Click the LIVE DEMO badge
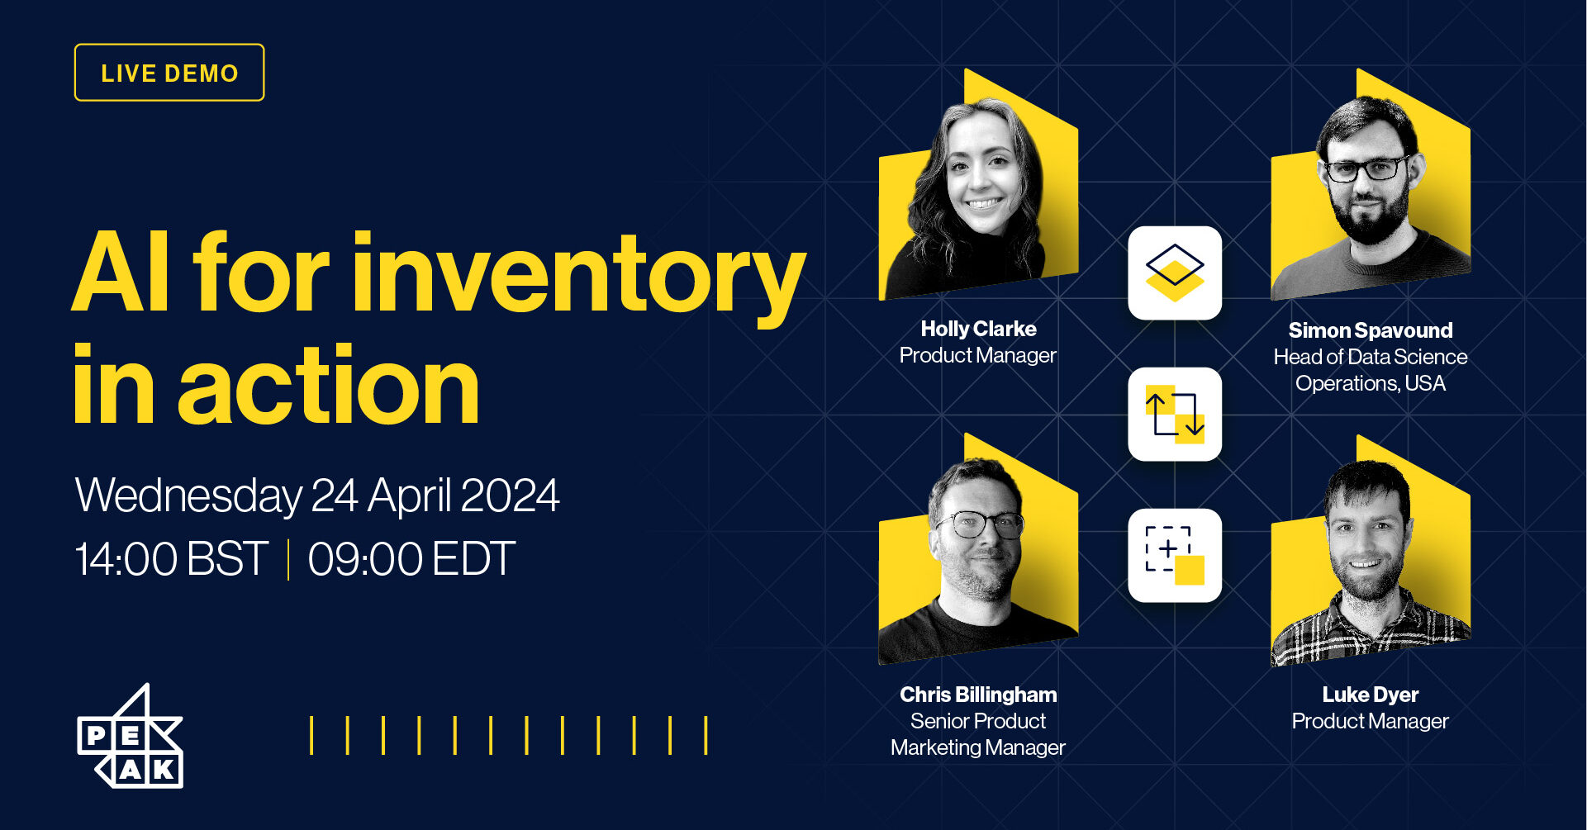pyautogui.click(x=169, y=73)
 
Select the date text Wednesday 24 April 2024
pyautogui.click(x=317, y=496)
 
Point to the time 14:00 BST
pyautogui.click(x=171, y=559)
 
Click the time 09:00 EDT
pyautogui.click(x=411, y=559)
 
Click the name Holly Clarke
pyautogui.click(x=978, y=329)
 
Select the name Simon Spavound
pyautogui.click(x=1370, y=330)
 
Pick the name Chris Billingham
pyautogui.click(x=978, y=695)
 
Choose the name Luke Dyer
pyautogui.click(x=1370, y=695)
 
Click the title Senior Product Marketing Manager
pyautogui.click(x=978, y=734)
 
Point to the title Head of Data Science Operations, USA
pyautogui.click(x=1370, y=370)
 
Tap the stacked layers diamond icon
pyautogui.click(x=1175, y=273)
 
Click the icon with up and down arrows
pyautogui.click(x=1175, y=414)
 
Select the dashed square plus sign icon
pyautogui.click(x=1175, y=555)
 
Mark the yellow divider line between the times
pyautogui.click(x=288, y=559)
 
